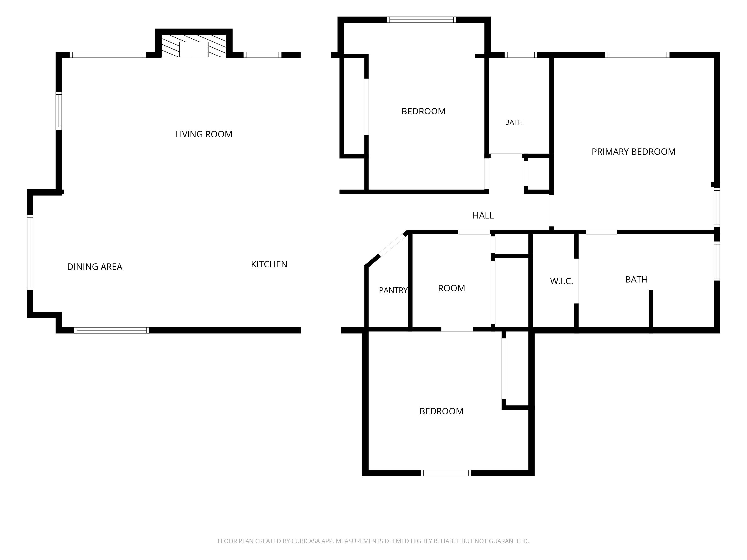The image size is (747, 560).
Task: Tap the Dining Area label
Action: coord(95,267)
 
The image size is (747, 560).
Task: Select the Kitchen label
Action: coord(269,264)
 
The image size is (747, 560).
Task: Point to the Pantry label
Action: coord(393,290)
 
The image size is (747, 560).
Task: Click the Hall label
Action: coord(483,215)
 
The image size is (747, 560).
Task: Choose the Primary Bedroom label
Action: coord(633,152)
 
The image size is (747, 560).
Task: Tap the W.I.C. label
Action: coord(561,281)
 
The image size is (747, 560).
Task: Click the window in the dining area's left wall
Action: coord(30,252)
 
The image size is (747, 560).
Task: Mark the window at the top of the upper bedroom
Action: coord(422,20)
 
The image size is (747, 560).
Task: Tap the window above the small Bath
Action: coord(521,55)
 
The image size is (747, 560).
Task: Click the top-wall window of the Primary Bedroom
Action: coord(637,55)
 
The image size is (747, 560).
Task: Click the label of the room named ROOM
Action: coord(451,288)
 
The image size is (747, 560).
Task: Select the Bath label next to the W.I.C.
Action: coord(637,280)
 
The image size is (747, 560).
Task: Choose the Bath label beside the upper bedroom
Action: coord(514,122)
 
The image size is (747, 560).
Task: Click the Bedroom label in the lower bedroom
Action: coord(441,411)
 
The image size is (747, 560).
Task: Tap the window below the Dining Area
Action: coord(112,330)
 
